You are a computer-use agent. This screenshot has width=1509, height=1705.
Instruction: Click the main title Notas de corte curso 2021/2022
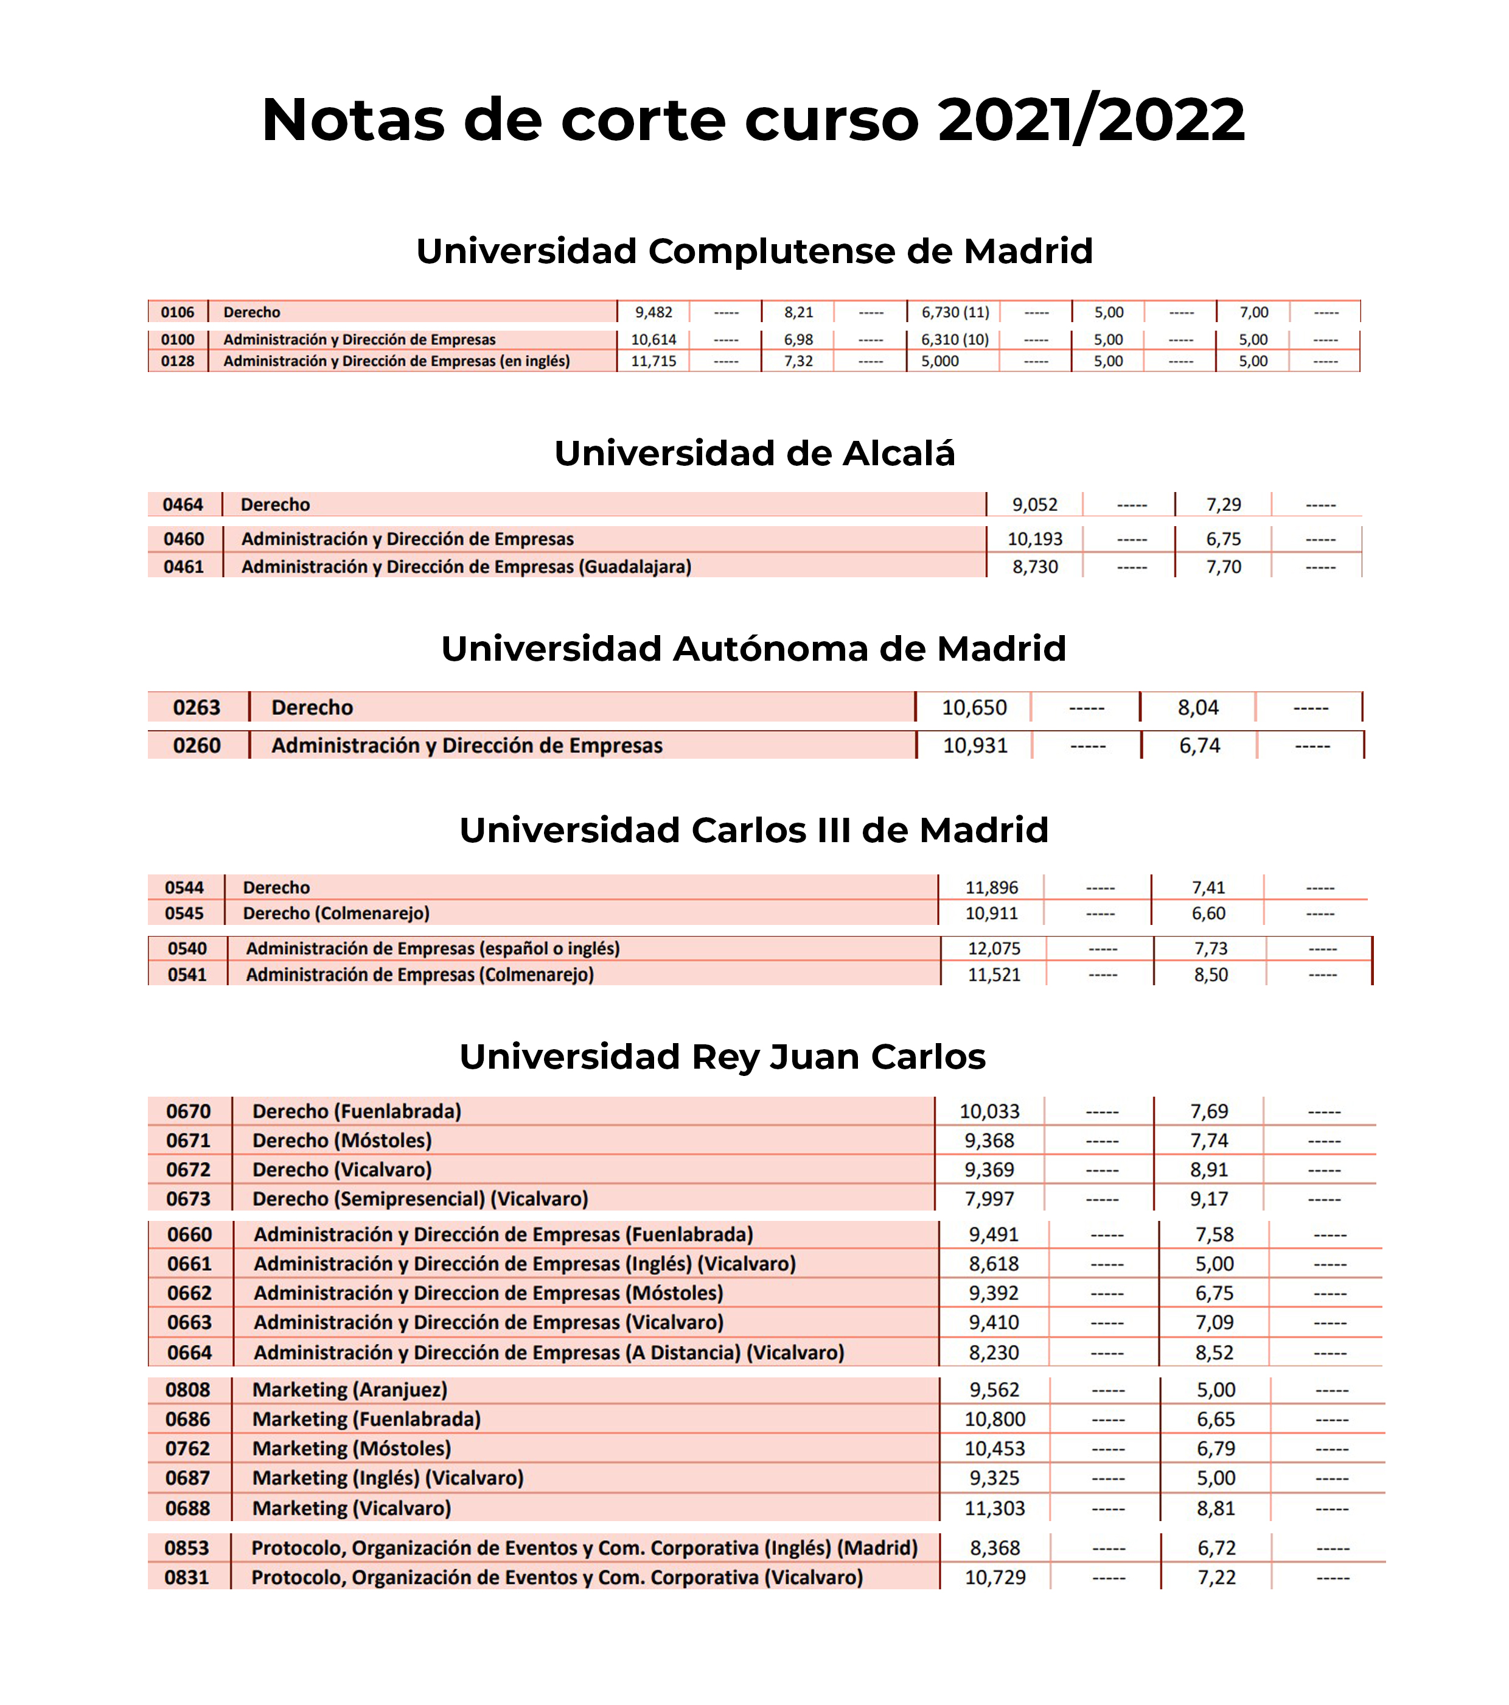(753, 119)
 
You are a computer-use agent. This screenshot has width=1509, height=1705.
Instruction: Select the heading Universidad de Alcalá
(754, 453)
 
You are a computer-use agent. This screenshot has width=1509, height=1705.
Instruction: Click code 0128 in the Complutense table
(178, 361)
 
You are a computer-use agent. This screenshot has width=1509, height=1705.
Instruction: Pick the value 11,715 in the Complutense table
(653, 361)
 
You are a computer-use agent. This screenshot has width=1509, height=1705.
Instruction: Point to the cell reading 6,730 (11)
(955, 312)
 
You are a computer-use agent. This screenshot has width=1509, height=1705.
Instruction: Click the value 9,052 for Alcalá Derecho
(1034, 505)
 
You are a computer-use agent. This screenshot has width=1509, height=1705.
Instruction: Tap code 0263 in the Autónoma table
(197, 708)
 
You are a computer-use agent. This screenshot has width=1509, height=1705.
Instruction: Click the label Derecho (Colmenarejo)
(336, 913)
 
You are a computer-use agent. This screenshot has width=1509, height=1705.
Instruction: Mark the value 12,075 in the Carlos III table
(994, 949)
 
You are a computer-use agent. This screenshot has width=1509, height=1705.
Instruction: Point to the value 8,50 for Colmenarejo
(1210, 974)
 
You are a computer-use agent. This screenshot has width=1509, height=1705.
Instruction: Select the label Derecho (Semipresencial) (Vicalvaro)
(420, 1198)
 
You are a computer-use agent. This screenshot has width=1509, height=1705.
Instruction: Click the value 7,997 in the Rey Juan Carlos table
(989, 1198)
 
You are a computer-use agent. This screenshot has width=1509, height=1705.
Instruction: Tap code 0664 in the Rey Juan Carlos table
(189, 1352)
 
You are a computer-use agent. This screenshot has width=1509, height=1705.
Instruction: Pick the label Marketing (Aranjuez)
(350, 1390)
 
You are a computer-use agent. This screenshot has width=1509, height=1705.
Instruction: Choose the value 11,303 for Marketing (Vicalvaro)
(995, 1508)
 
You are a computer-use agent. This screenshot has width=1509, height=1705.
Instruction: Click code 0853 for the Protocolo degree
(187, 1548)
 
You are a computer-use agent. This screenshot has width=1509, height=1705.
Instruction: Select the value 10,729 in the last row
(995, 1577)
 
